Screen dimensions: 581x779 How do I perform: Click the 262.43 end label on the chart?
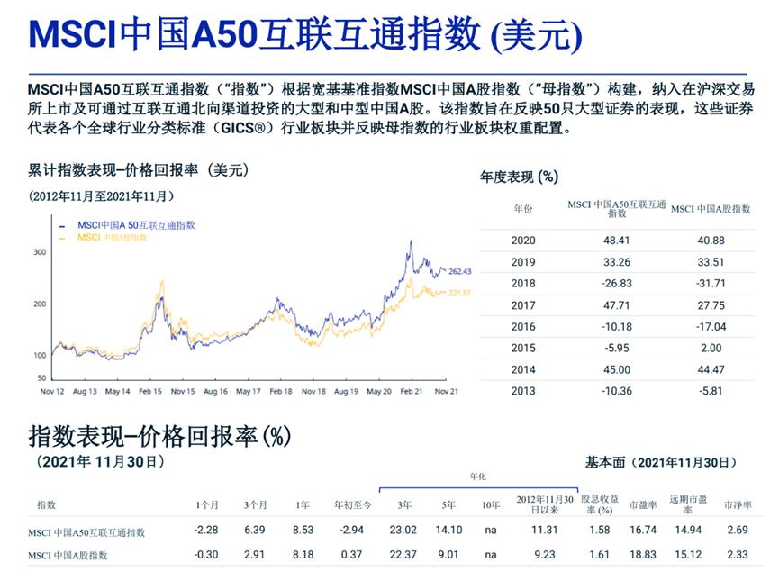460,271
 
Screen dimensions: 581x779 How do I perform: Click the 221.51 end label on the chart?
460,293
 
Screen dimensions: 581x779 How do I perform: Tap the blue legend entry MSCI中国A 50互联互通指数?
136,225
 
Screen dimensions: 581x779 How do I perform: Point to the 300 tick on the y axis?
40,252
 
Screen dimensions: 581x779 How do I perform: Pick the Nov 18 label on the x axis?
313,392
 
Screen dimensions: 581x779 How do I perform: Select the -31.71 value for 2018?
711,284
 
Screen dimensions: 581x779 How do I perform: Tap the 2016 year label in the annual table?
523,327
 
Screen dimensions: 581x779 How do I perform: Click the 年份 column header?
523,209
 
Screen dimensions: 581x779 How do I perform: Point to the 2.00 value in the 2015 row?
711,348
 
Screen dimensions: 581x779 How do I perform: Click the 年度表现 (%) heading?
519,177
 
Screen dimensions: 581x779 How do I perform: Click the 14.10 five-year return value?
448,531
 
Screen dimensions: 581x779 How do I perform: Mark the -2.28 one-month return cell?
208,531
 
